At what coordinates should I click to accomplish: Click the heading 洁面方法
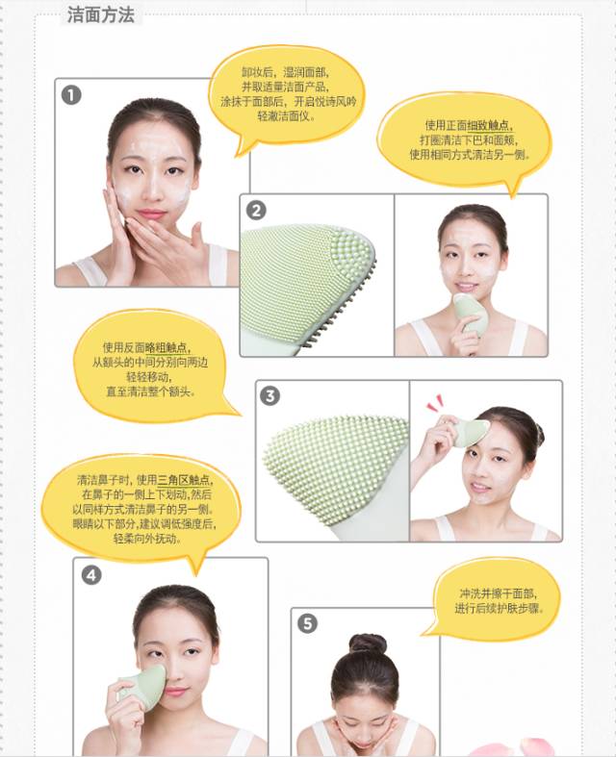[100, 14]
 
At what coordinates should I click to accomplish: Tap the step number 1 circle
[71, 95]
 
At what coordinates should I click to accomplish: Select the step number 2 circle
[256, 211]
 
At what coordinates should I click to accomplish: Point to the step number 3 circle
[270, 396]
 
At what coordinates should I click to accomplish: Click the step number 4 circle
[91, 575]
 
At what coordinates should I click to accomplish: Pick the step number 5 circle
[307, 623]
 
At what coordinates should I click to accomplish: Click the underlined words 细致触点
[488, 125]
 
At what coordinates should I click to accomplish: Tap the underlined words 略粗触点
[166, 347]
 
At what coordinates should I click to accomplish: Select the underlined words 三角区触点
[184, 480]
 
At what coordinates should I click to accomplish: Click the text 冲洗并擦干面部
[498, 593]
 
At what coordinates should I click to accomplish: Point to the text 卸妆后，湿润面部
[285, 73]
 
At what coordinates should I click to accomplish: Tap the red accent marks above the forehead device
[435, 402]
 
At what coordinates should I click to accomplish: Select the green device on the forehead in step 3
[468, 432]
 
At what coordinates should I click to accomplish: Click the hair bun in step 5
[368, 644]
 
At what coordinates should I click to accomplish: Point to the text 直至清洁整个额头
[151, 391]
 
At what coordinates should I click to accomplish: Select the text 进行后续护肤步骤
[500, 608]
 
